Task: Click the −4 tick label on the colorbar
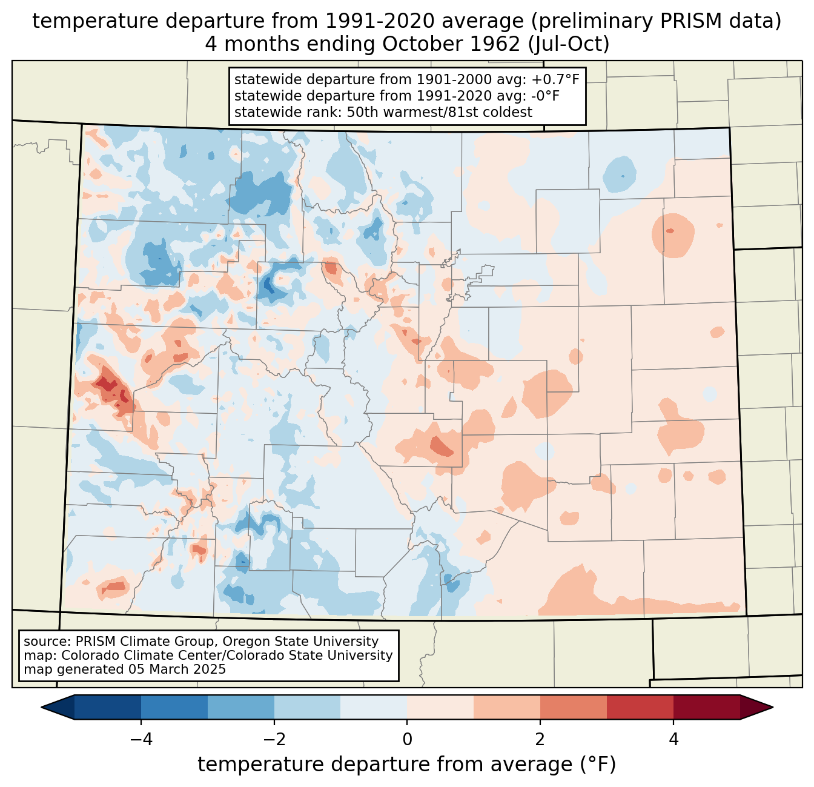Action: click(141, 739)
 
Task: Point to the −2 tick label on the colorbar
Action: click(274, 739)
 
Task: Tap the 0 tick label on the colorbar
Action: click(407, 739)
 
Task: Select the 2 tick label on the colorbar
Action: click(540, 739)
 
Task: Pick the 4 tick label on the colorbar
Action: click(673, 739)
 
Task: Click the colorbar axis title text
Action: click(406, 765)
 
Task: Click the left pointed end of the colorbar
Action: click(41, 708)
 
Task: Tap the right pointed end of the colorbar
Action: click(773, 708)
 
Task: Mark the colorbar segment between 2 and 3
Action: click(574, 708)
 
